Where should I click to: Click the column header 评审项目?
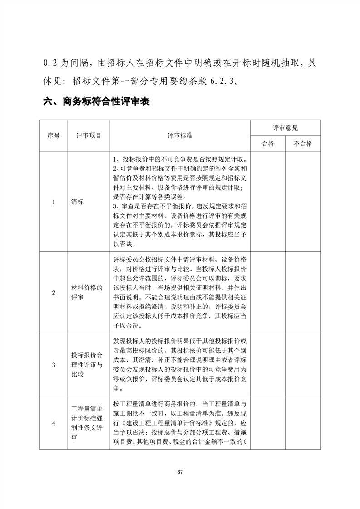89,135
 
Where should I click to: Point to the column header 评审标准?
180,135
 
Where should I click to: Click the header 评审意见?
285,128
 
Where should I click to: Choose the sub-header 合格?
268,143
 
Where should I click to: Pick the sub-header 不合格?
303,143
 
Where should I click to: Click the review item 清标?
78,202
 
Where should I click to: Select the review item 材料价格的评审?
87,293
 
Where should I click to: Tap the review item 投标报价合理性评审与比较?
87,364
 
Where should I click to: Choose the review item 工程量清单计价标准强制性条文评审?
87,423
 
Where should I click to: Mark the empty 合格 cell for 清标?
268,202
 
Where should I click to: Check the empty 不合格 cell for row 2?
303,293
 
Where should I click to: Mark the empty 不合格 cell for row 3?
303,364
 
